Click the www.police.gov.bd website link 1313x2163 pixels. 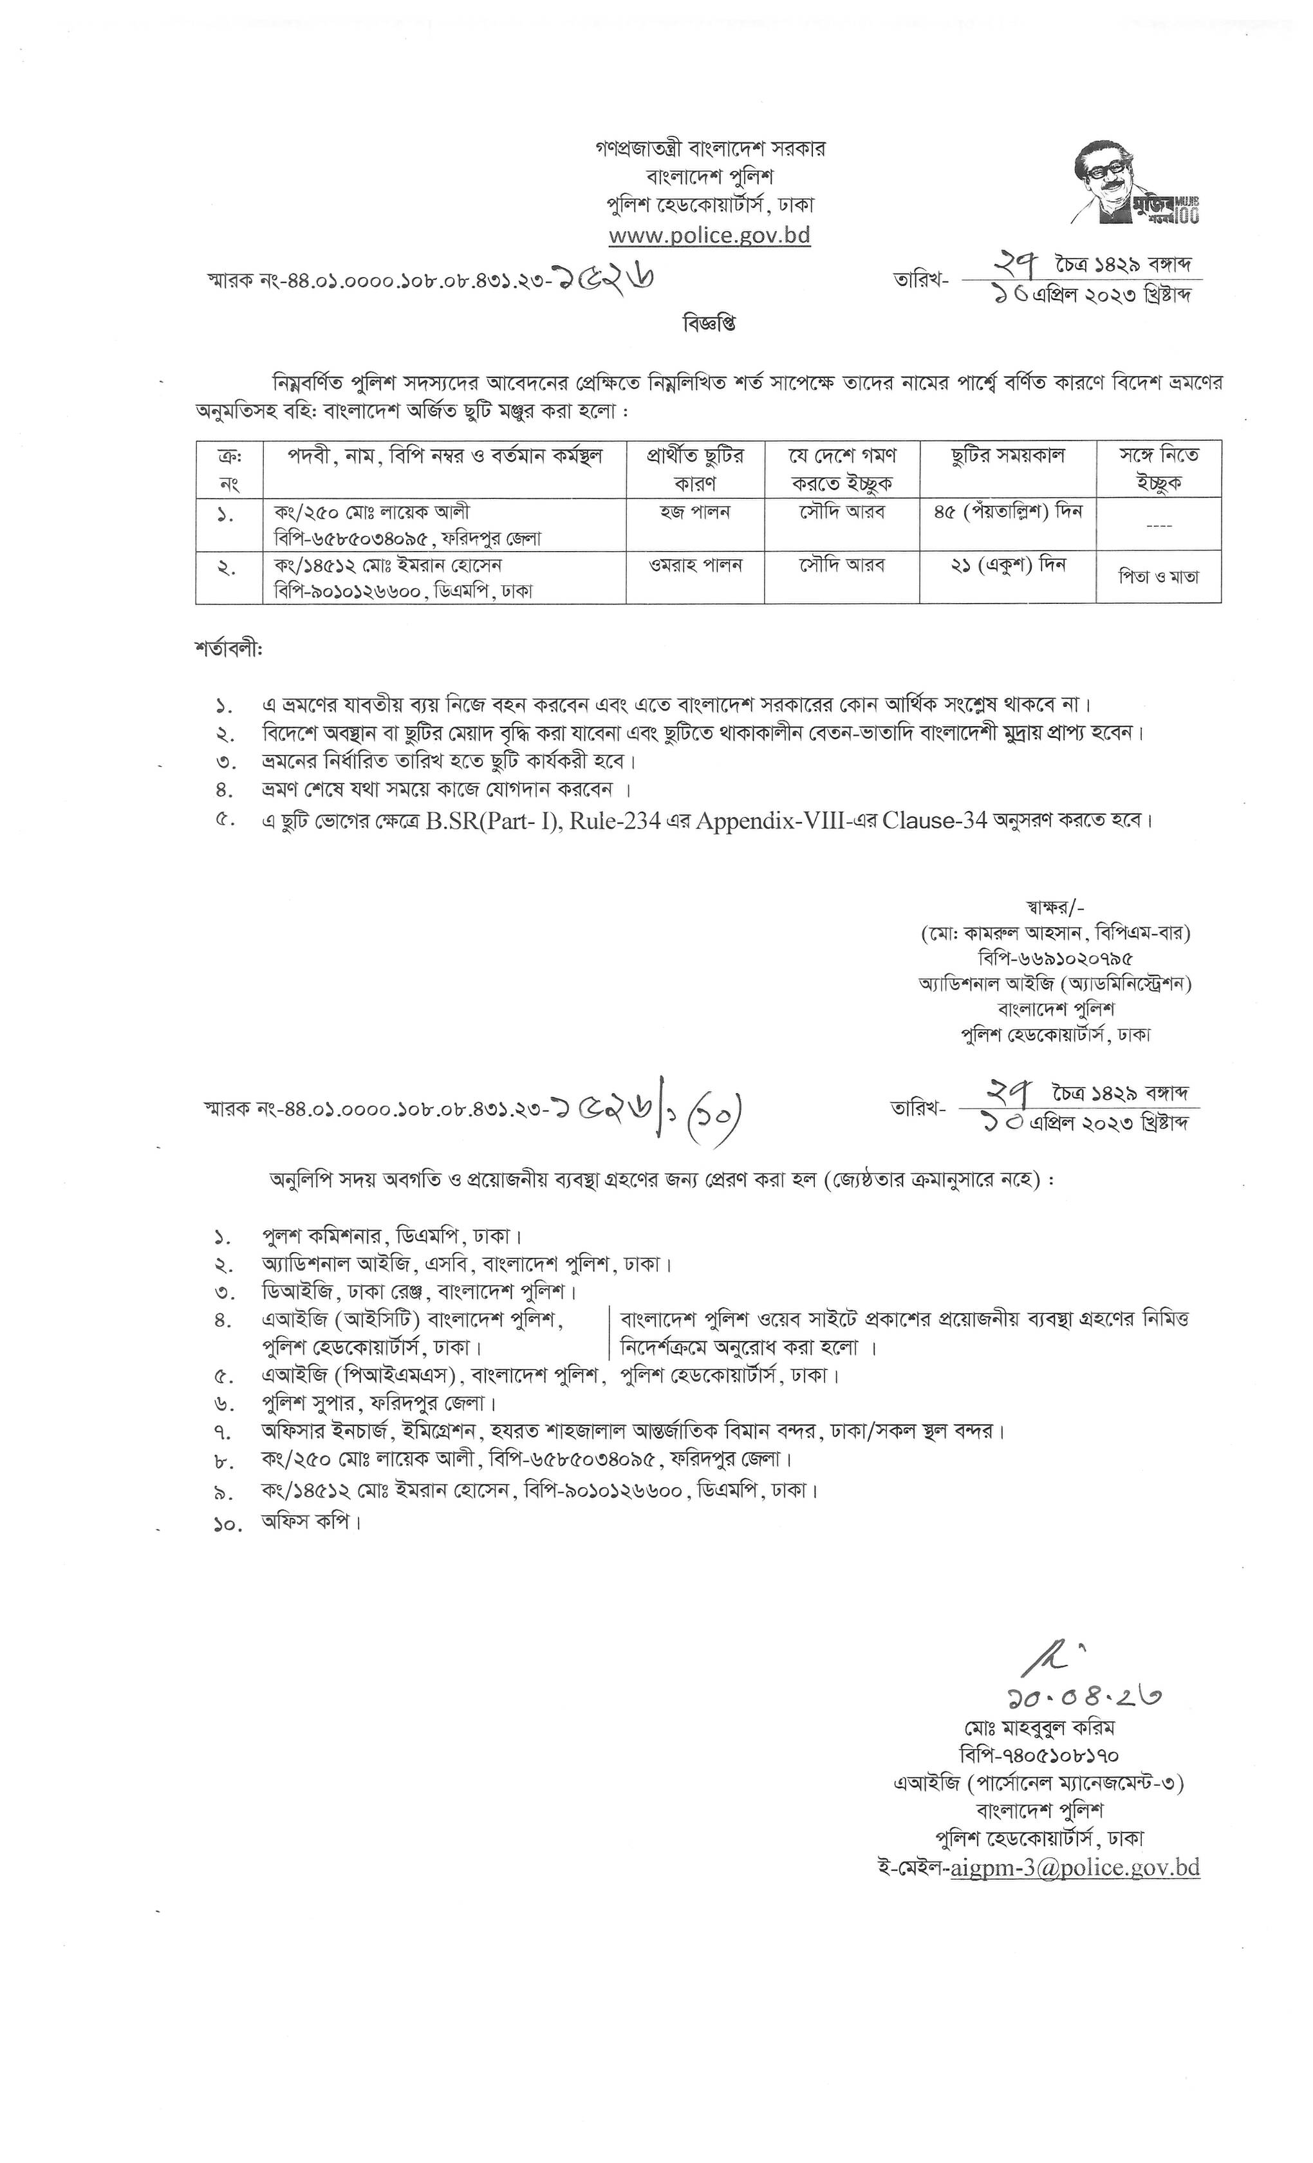pos(709,235)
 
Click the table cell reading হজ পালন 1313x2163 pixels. pos(694,512)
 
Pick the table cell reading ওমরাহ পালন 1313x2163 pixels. pos(694,565)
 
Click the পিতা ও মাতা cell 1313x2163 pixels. pos(1158,577)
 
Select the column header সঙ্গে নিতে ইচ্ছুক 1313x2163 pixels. pos(1158,469)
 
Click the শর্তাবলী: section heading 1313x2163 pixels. pos(228,650)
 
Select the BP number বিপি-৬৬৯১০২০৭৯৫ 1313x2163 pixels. pos(1054,959)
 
